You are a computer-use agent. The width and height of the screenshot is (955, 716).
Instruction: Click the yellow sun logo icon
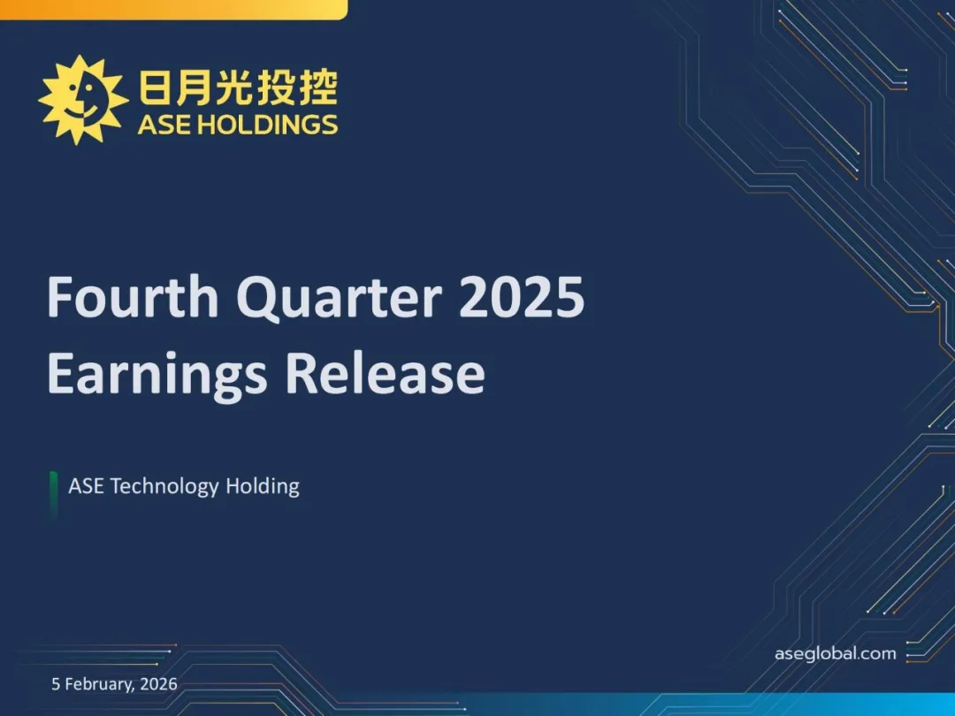pos(83,100)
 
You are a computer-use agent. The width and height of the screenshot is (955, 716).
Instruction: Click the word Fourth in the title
pos(133,296)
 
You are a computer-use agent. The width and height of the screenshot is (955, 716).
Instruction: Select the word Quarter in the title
pos(339,299)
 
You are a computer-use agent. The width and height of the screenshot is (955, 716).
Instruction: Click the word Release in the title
pos(385,372)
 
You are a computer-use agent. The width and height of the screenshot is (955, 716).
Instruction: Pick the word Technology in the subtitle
pos(164,486)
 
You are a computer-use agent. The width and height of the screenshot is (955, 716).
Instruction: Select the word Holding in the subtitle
pos(263,486)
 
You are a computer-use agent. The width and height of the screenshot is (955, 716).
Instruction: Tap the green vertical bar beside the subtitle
pos(54,495)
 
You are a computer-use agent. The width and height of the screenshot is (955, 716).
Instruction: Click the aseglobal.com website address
pos(835,654)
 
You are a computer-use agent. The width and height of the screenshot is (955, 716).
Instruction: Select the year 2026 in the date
pos(158,683)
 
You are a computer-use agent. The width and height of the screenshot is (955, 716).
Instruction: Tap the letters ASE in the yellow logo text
pos(165,125)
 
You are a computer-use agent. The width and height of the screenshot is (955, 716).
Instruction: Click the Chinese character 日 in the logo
pos(154,88)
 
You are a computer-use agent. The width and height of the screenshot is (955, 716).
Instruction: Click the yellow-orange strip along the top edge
pos(173,10)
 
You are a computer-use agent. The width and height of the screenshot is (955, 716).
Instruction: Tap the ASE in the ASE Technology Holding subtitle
pos(86,486)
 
